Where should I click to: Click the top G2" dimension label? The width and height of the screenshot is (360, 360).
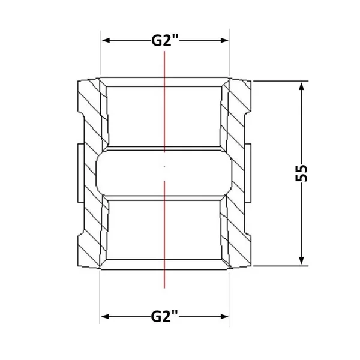164,41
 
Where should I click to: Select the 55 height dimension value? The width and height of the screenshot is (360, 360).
301,173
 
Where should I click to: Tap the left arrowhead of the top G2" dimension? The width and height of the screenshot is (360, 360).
106,41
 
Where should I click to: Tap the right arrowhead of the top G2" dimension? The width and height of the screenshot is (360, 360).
224,41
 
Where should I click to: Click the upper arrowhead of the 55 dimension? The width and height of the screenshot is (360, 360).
302,86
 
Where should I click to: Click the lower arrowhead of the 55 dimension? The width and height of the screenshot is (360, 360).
302,260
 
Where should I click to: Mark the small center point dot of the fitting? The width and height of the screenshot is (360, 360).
164,166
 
